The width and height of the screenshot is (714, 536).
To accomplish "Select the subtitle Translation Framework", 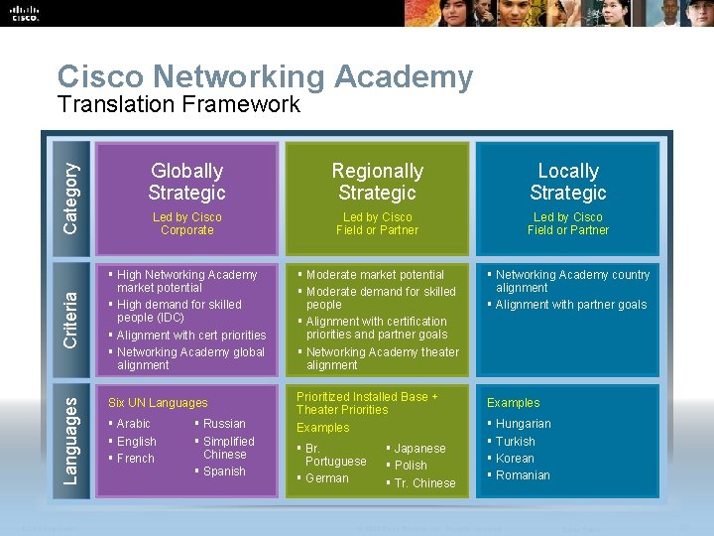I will [x=178, y=104].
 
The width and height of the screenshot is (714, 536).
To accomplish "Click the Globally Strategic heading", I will [x=186, y=182].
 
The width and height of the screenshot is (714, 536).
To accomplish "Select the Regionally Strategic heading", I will [x=377, y=182].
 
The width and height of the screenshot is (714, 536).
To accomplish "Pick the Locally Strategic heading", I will [x=567, y=182].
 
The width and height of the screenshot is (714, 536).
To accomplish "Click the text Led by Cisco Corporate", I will [x=186, y=223].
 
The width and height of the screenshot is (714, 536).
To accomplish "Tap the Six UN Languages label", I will [x=158, y=403].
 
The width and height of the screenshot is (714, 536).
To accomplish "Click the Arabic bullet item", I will [x=134, y=424].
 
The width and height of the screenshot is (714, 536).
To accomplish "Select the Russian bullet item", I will [x=224, y=424].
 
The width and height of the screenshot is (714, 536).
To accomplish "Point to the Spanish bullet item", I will [x=224, y=471].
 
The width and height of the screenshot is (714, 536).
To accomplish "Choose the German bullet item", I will [x=327, y=478].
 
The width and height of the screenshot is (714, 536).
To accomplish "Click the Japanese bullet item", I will [x=419, y=448].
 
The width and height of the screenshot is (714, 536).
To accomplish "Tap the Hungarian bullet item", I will [x=524, y=424].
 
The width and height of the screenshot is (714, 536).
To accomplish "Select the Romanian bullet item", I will [x=523, y=475].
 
